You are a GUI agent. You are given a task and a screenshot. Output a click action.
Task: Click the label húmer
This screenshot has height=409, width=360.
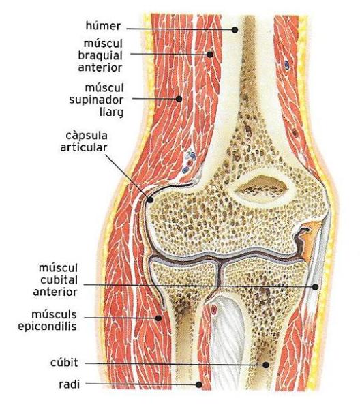104,26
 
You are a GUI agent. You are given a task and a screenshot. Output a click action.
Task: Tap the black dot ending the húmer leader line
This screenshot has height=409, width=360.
235,30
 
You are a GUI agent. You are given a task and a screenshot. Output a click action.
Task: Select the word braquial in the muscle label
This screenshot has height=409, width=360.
100,55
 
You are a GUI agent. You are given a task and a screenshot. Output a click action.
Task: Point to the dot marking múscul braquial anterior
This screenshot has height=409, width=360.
210,55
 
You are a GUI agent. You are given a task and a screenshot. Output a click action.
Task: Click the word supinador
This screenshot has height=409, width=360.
96,100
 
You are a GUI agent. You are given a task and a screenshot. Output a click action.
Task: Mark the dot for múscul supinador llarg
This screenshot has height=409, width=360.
179,99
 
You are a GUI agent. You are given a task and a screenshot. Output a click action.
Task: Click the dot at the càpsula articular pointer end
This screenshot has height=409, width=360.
150,200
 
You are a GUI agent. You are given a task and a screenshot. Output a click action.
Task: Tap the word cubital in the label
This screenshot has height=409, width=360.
59,280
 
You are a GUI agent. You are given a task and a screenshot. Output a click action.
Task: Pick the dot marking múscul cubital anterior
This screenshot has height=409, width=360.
316,287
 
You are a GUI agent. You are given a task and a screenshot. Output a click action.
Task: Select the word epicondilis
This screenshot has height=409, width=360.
47,327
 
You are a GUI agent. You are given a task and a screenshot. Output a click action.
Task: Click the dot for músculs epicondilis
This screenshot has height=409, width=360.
158,318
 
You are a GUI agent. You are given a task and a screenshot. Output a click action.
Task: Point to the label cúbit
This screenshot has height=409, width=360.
64,363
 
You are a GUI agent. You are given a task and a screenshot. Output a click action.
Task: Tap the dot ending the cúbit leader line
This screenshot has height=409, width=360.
266,365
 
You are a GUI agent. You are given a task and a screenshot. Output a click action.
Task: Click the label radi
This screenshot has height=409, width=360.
69,384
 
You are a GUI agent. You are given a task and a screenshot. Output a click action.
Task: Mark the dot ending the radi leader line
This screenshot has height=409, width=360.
199,384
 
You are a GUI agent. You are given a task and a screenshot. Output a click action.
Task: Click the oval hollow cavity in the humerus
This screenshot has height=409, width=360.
262,186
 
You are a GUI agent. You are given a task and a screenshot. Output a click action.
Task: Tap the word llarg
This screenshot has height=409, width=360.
112,112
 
